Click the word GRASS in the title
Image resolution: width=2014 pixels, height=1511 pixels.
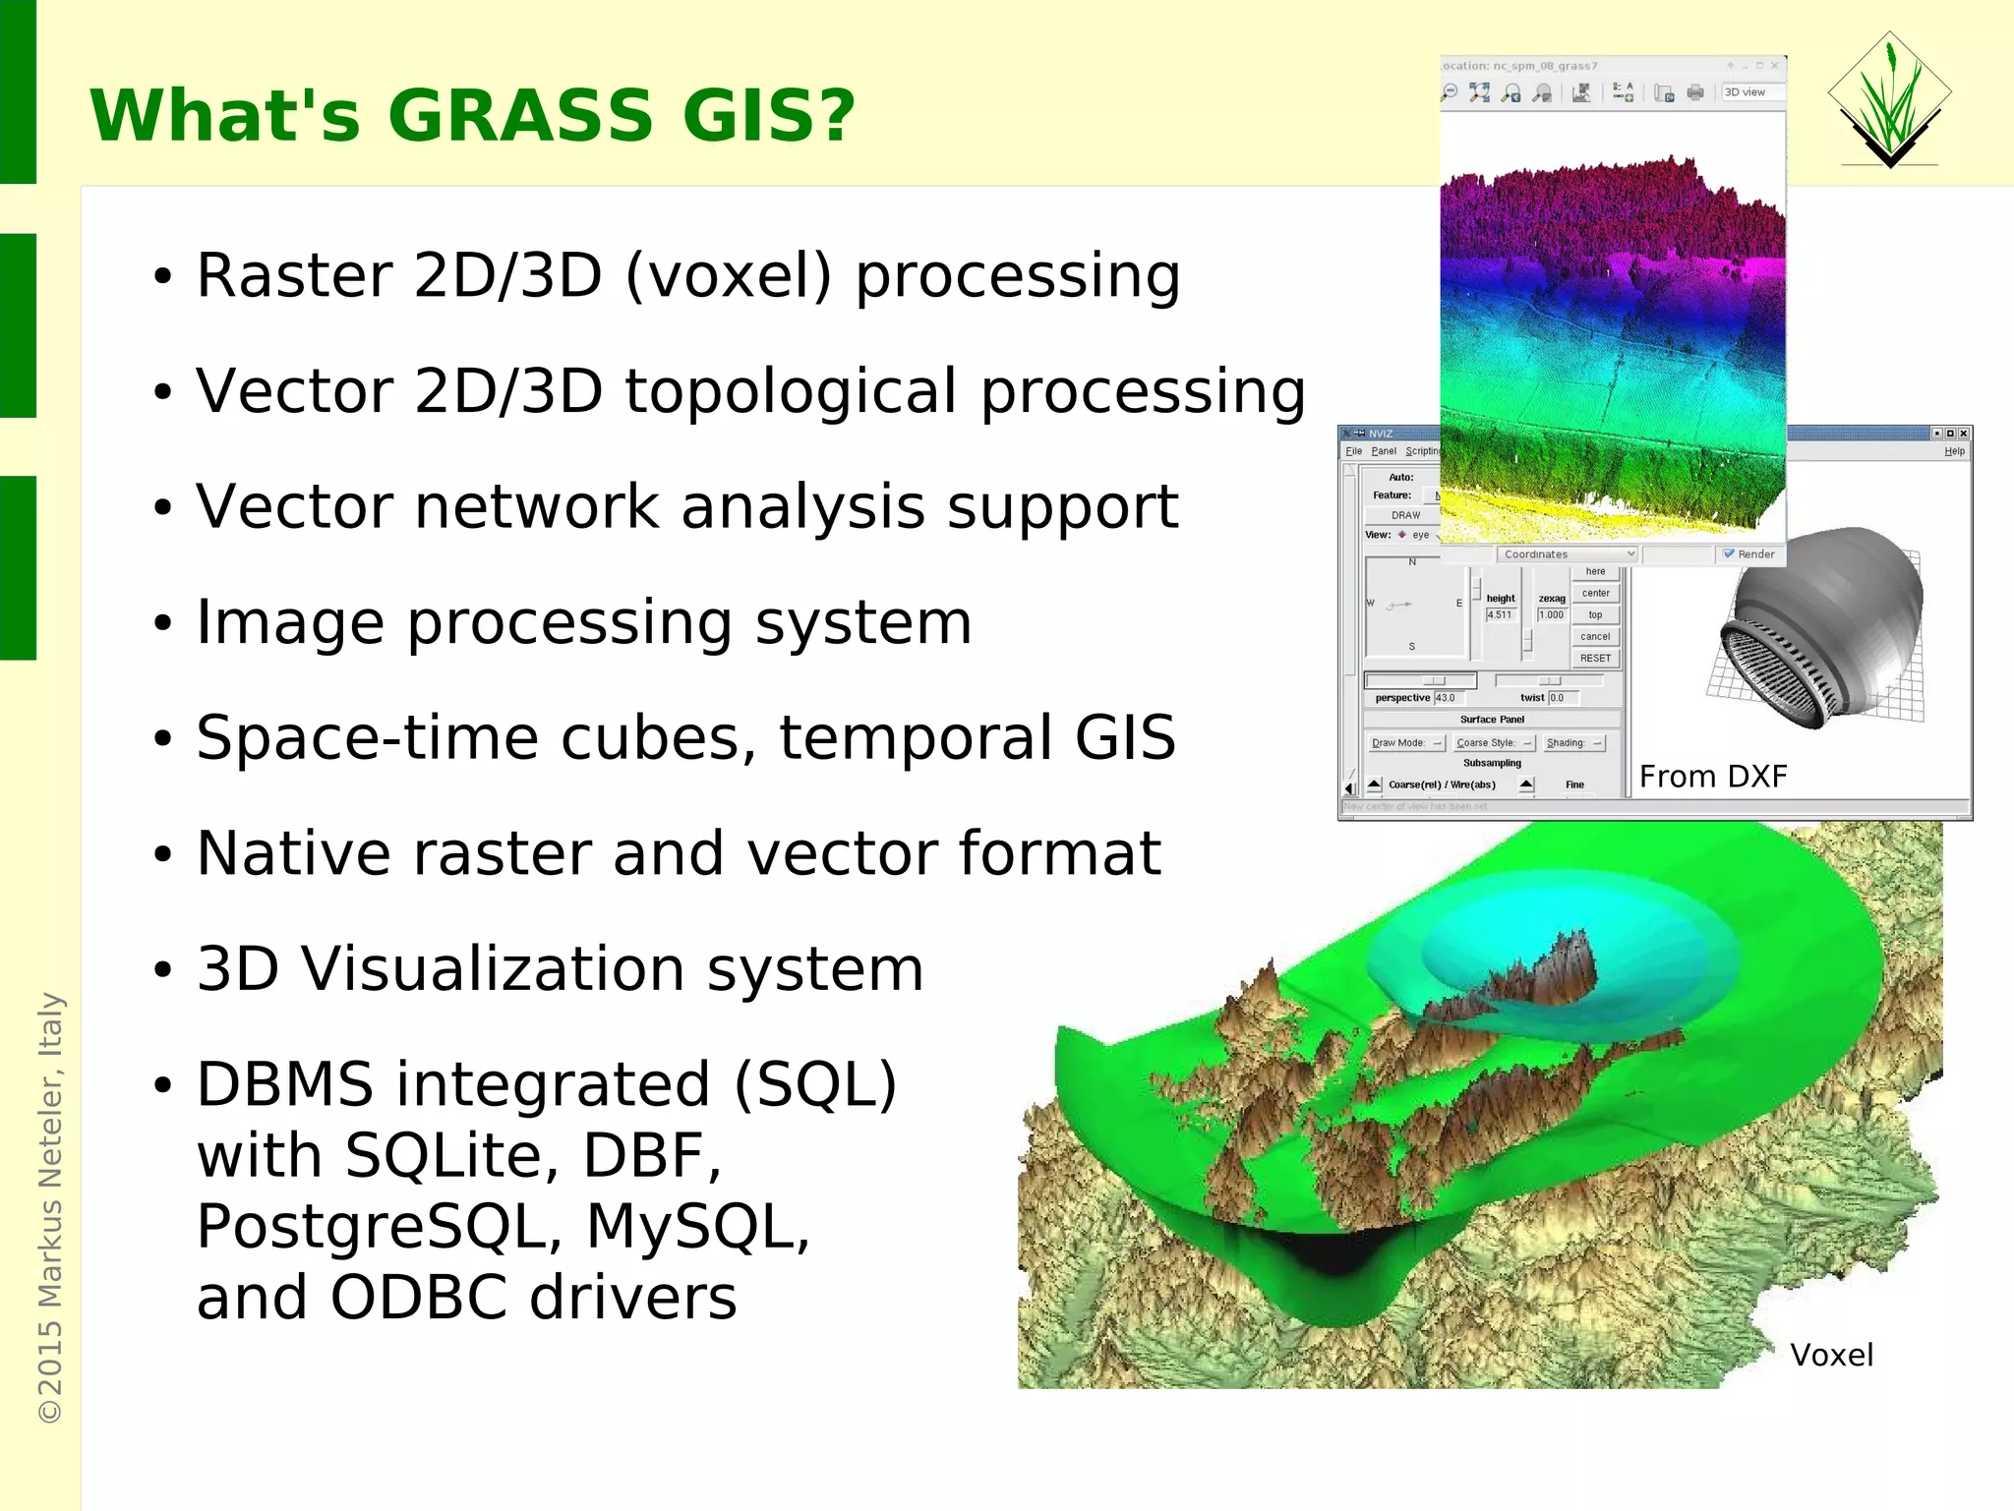click(520, 116)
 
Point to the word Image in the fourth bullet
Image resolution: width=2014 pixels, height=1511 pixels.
click(290, 623)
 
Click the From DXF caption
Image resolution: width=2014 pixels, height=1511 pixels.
click(1712, 777)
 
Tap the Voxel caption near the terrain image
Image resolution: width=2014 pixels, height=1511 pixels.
click(1831, 1356)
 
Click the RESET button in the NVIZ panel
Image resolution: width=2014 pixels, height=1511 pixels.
click(1595, 659)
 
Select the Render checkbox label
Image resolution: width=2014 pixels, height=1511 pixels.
click(1754, 554)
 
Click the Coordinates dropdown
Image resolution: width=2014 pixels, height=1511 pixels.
click(1568, 554)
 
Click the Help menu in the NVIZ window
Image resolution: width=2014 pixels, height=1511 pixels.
click(1953, 451)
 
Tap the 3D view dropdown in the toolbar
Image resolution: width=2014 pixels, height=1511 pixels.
click(1750, 92)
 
